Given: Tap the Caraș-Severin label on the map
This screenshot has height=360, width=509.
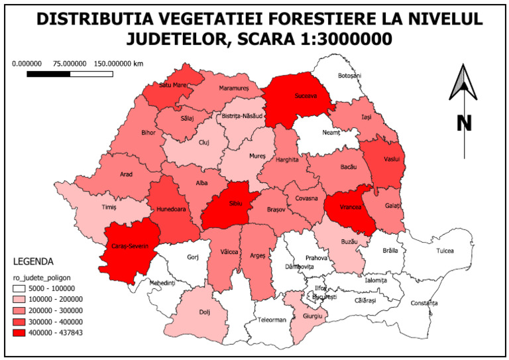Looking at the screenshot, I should click(133, 247).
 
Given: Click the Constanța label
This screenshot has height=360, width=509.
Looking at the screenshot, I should click(424, 303).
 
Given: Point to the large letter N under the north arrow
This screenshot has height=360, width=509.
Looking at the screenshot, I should click(463, 123).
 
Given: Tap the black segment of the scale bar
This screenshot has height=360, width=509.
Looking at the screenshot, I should click(48, 74).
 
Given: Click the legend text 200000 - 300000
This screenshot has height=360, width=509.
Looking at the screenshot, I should click(62, 310).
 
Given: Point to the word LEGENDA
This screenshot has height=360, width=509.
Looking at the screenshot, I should click(32, 261).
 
